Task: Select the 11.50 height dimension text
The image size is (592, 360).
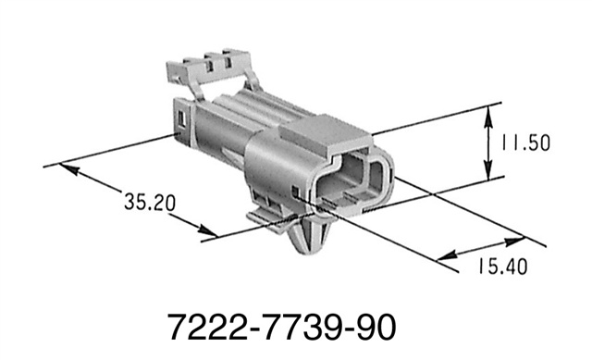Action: tap(525, 144)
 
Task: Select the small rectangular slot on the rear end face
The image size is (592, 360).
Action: tap(181, 119)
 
